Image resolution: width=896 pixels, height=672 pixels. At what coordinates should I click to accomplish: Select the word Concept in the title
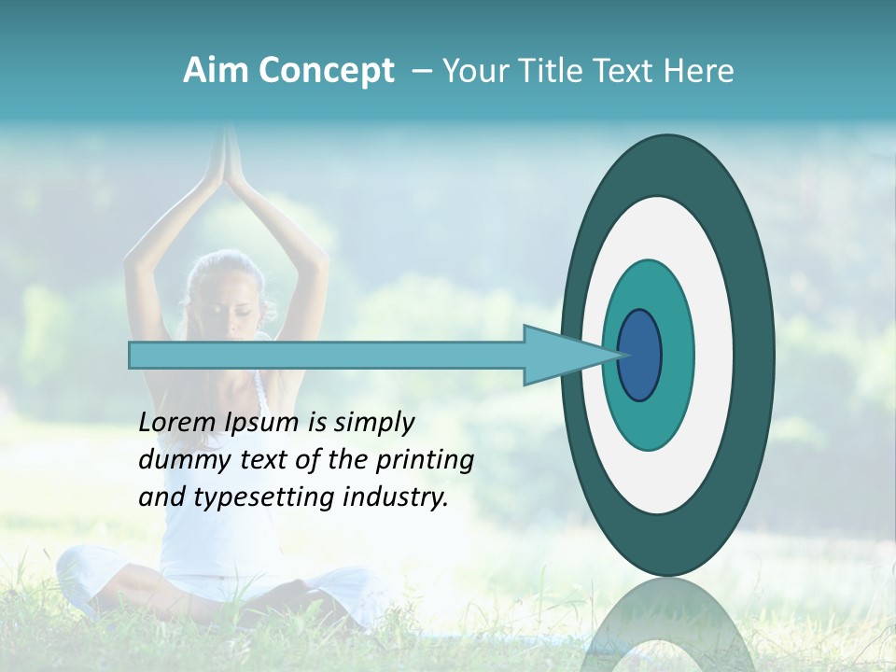coord(325,71)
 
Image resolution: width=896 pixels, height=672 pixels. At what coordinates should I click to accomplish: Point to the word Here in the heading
coord(698,71)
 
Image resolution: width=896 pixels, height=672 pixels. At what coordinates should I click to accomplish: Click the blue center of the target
coord(639,355)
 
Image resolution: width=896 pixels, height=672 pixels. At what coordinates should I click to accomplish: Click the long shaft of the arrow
coord(327,355)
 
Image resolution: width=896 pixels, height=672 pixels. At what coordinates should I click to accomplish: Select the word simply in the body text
coord(372,424)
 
